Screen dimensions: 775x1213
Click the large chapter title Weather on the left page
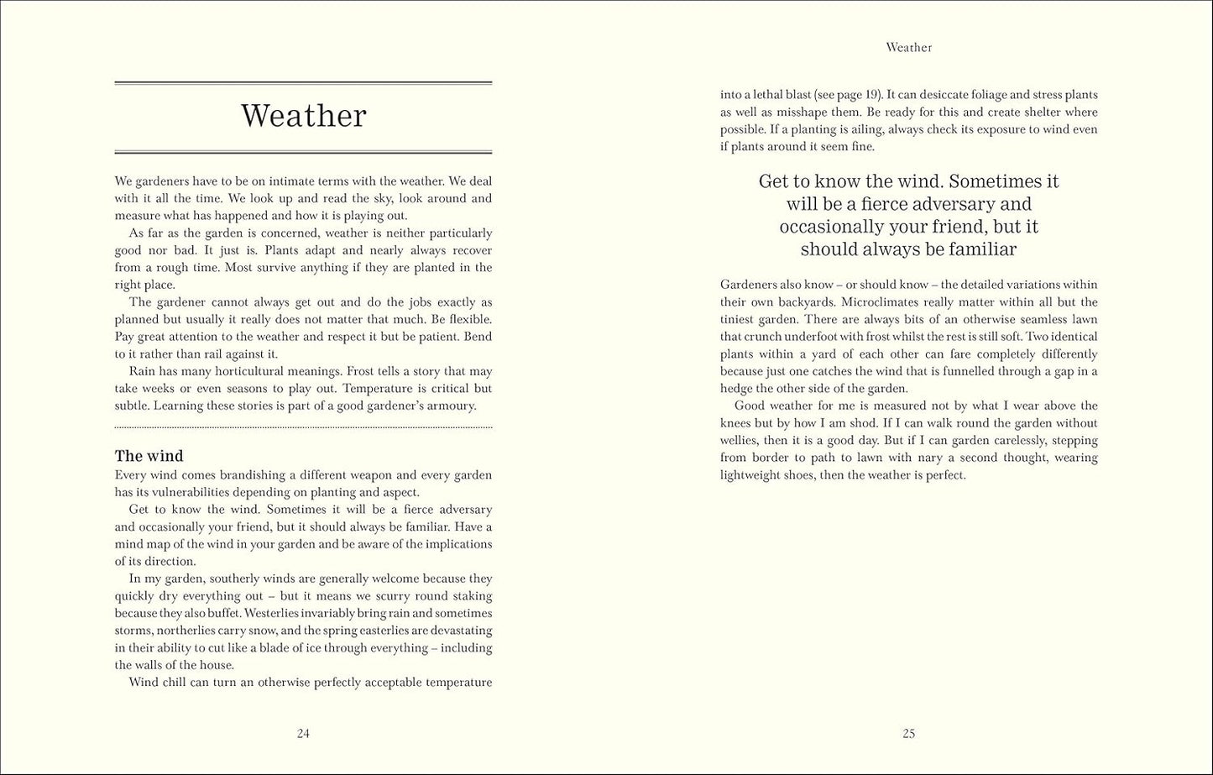pyautogui.click(x=303, y=116)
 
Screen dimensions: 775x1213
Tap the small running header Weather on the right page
pyautogui.click(x=908, y=48)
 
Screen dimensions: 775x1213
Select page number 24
pyautogui.click(x=303, y=733)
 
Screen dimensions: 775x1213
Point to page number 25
pyautogui.click(x=908, y=733)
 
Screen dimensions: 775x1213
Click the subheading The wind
pyautogui.click(x=149, y=456)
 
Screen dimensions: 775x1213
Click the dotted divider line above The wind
pyautogui.click(x=303, y=428)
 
